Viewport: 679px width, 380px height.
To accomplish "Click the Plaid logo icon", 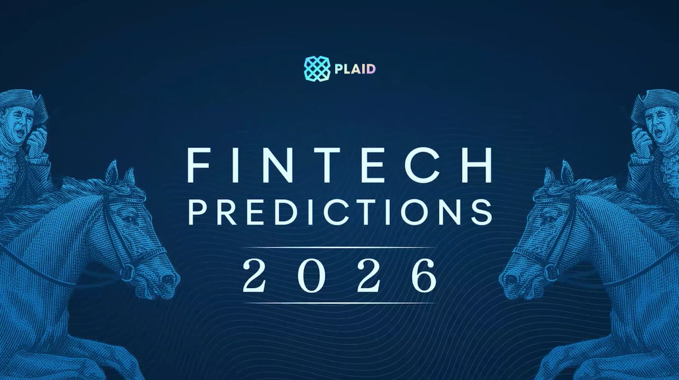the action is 317,68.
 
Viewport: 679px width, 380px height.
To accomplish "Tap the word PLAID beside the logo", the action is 355,69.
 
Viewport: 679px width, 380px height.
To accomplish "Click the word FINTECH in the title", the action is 340,165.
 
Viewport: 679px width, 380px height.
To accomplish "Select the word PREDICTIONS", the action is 340,212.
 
